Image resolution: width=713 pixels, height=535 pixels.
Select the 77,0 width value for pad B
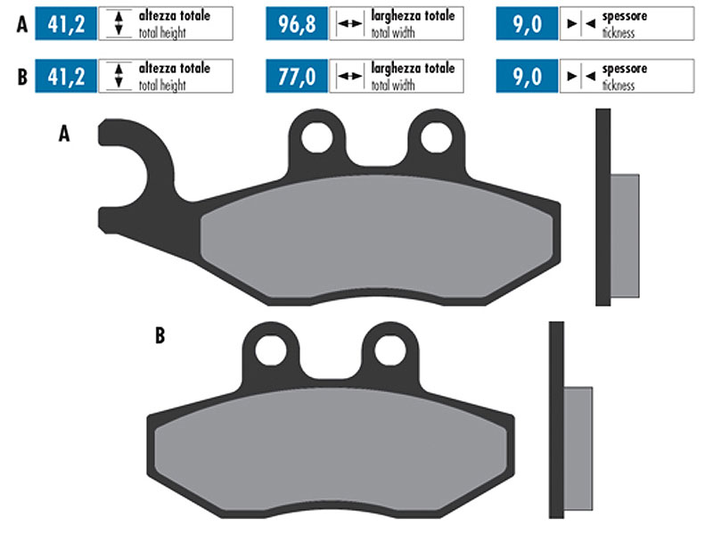(x=298, y=77)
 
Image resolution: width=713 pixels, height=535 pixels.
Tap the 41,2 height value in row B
(x=66, y=77)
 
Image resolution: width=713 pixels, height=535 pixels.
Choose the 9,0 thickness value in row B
(x=526, y=77)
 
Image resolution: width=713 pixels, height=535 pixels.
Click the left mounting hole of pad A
(x=317, y=136)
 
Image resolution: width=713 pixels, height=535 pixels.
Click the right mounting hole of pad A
(x=435, y=136)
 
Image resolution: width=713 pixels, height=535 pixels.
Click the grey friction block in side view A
(x=625, y=236)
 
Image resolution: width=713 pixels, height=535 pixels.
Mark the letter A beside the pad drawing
(x=63, y=134)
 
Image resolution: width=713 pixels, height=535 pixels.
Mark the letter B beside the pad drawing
(x=160, y=336)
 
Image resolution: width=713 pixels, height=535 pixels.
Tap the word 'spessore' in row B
(x=626, y=68)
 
